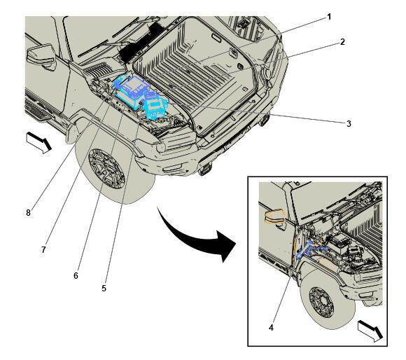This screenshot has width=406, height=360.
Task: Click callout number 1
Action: click(329, 17)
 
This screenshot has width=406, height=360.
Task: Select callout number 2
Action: click(342, 42)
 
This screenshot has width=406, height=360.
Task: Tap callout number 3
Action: click(349, 124)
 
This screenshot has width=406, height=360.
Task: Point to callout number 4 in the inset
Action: click(271, 328)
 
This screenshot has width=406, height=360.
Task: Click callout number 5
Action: click(104, 289)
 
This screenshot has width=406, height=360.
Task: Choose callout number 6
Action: click(76, 275)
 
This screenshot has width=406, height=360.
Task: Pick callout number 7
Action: click(43, 249)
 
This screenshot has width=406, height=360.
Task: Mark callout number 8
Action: click(28, 213)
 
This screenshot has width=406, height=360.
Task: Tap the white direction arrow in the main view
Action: click(38, 142)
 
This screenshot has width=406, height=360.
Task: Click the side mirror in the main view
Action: click(41, 55)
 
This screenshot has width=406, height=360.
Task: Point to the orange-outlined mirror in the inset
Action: click(274, 216)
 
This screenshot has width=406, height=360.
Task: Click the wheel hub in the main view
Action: click(106, 168)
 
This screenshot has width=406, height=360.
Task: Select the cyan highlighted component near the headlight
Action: click(155, 106)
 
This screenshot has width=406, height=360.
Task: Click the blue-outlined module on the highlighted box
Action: click(134, 85)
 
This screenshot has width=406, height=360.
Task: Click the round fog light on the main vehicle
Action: click(161, 147)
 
